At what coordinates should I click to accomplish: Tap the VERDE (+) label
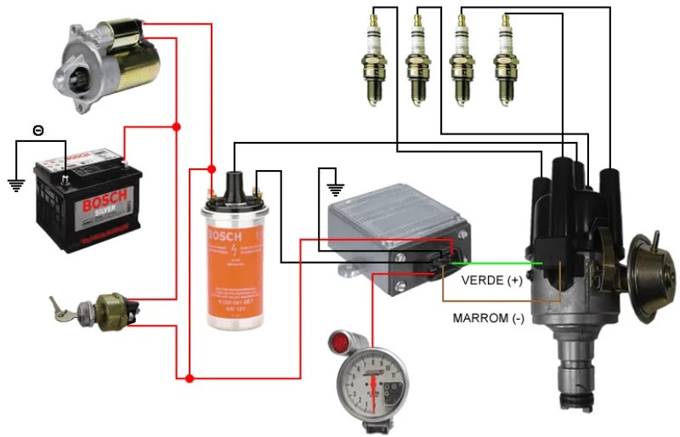point(491,280)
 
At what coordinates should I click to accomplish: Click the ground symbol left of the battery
point(14,184)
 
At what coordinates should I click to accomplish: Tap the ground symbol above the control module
point(337,189)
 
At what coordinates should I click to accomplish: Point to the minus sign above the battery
point(37,130)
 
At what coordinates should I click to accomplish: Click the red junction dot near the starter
point(177,127)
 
